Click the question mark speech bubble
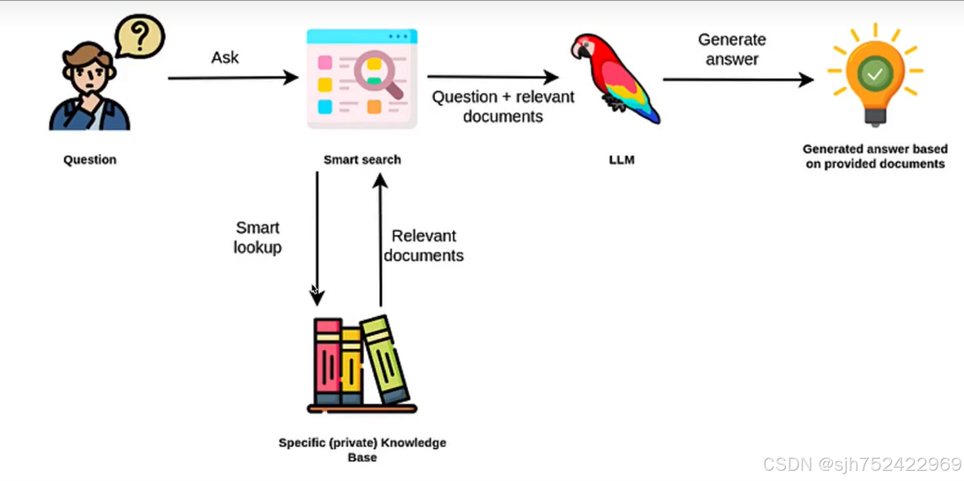pos(140,37)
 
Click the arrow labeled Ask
pos(233,78)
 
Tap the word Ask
pos(225,57)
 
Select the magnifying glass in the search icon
pos(377,73)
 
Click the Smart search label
pos(362,160)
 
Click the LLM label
pos(622,160)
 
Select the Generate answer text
pos(732,49)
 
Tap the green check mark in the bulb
pos(875,74)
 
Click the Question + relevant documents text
pos(503,107)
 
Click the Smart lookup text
pos(257,238)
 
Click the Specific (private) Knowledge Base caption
pos(362,450)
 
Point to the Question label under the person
pos(90,160)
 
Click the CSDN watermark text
pos(862,464)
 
